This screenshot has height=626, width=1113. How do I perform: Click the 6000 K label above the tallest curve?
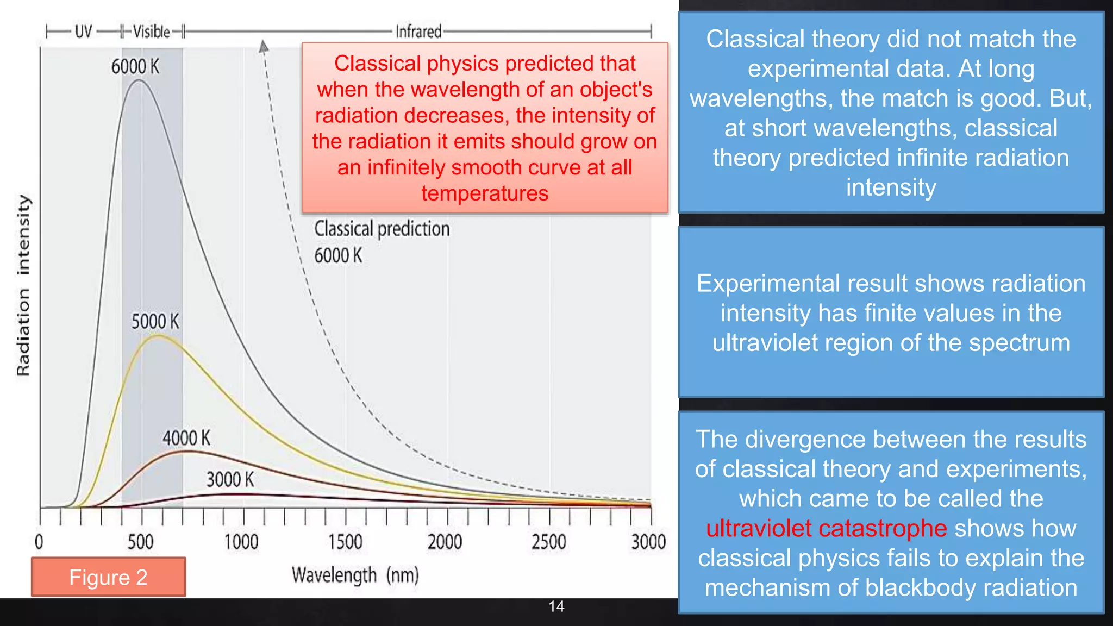[x=135, y=67]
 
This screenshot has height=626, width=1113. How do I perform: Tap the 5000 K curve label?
[x=155, y=321]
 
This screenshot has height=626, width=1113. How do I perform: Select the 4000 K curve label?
[x=186, y=438]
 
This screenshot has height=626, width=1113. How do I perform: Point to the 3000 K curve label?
[x=230, y=479]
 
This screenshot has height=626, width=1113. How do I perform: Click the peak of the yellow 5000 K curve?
[x=158, y=336]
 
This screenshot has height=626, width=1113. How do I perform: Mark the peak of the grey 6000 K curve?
[x=139, y=80]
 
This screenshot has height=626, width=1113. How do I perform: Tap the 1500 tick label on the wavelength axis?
[x=345, y=542]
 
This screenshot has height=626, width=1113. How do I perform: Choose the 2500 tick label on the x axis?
[x=548, y=542]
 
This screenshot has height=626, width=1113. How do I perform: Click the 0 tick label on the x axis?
[x=39, y=542]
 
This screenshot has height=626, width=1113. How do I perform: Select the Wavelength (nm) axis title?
[x=355, y=575]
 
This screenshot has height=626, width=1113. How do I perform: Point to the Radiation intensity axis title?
[x=23, y=285]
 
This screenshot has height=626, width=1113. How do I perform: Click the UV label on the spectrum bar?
[x=83, y=32]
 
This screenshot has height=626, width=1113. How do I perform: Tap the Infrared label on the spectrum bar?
[x=418, y=32]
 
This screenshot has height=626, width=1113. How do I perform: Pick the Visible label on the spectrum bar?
[x=152, y=32]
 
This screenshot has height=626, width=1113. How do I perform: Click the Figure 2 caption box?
[x=108, y=577]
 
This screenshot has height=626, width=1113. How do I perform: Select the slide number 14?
[x=556, y=606]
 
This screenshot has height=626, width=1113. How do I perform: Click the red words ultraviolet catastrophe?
[x=826, y=528]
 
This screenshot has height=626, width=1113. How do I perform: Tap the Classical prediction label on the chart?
[x=382, y=229]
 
